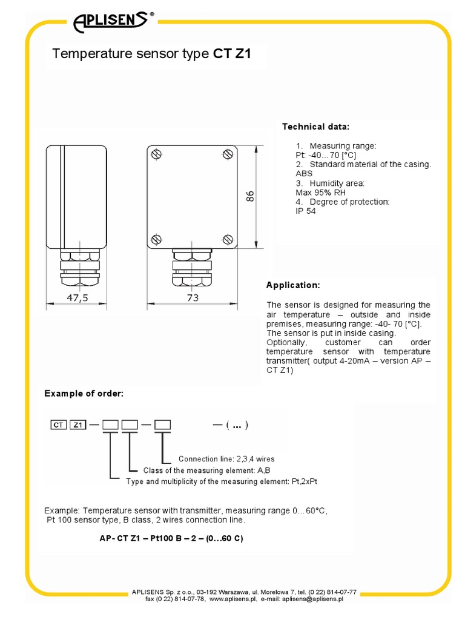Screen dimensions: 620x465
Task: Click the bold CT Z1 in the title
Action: [x=232, y=54]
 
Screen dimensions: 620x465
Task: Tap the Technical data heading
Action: [x=315, y=127]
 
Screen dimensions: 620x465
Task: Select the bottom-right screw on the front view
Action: [x=228, y=239]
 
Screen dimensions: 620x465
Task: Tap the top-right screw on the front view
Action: [x=228, y=154]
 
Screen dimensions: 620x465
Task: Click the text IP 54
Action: [x=306, y=211]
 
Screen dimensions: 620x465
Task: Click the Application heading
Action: [x=293, y=285]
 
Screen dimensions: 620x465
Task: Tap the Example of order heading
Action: [x=84, y=394]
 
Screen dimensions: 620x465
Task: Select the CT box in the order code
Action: [x=58, y=424]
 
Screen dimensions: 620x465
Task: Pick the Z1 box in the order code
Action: [x=77, y=424]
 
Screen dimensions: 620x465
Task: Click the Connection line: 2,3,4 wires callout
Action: [x=226, y=459]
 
